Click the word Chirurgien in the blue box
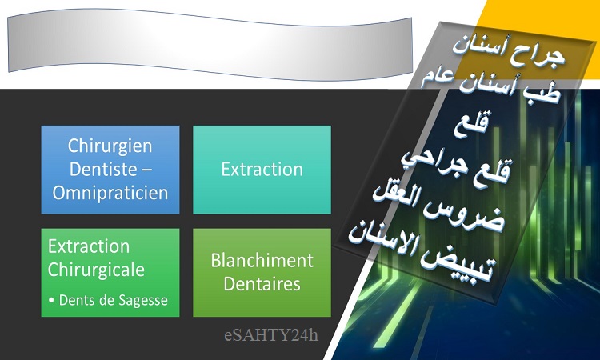(x=110, y=146)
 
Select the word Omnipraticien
(x=110, y=193)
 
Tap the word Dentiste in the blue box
(x=103, y=169)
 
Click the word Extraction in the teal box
(x=262, y=170)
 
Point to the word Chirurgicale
(x=96, y=270)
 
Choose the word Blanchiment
(x=262, y=261)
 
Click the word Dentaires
(x=262, y=284)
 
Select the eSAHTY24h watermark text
(x=271, y=335)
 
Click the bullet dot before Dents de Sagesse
(x=51, y=301)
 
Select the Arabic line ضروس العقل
(x=439, y=208)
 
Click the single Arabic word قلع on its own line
(x=471, y=124)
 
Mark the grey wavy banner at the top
(x=210, y=45)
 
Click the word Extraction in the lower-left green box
(x=89, y=246)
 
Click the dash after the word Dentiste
(x=146, y=170)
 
